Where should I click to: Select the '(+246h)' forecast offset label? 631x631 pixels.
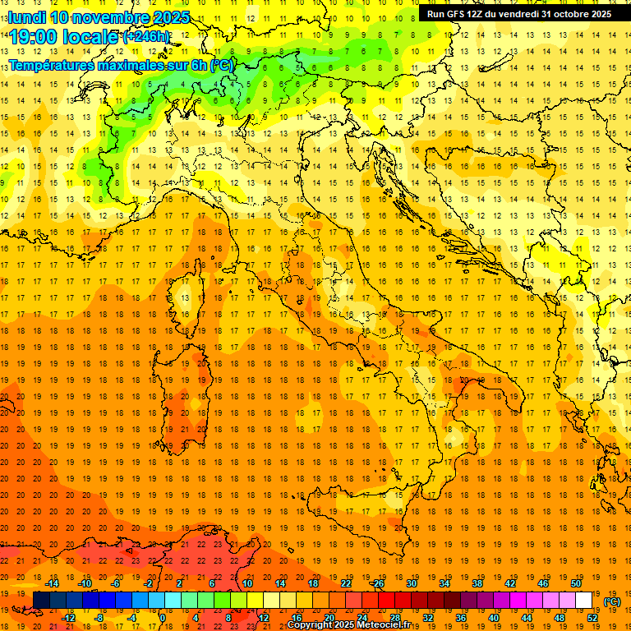pos(146,36)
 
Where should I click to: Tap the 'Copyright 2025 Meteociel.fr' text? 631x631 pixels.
pos(354,625)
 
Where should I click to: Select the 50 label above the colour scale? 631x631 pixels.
pos(576,583)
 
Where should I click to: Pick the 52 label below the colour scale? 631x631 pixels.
pos(592,617)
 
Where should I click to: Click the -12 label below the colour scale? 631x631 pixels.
pos(69,617)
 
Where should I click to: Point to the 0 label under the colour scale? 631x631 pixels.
pos(162,617)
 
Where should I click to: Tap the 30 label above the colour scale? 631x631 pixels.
pos(412,583)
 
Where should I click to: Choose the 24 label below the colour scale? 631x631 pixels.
pos(362,617)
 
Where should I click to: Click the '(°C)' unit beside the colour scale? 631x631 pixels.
pos(612,601)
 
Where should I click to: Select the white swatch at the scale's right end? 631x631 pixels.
pos(584,600)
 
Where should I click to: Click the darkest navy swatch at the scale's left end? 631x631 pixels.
pos(41,600)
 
